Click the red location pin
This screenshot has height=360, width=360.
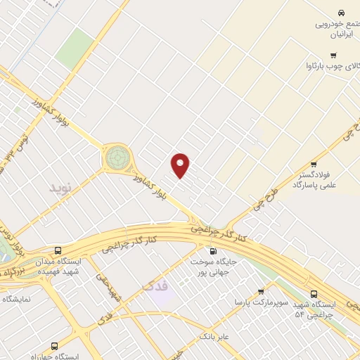coord(181,165)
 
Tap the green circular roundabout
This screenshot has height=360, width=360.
coord(118,157)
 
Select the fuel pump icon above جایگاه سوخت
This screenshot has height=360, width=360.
coord(213,251)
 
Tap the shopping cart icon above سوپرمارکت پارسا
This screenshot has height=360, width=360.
coord(261,291)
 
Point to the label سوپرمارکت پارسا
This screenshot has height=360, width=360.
coord(262,302)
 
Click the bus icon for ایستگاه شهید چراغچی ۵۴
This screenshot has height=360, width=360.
coord(314,294)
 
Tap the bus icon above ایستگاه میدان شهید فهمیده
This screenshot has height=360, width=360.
coord(58,250)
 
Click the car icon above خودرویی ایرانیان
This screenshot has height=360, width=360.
coord(341,13)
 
